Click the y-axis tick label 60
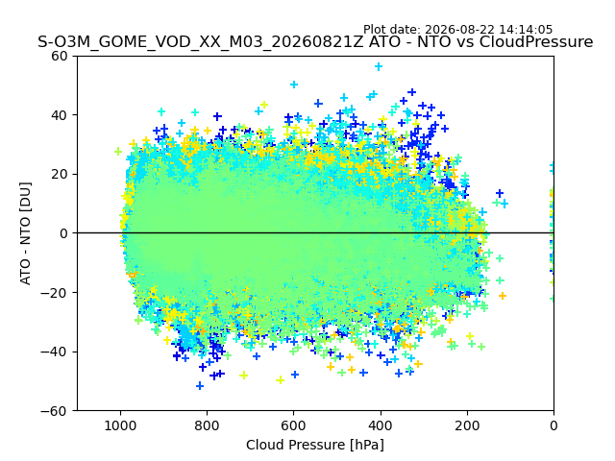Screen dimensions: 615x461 click(60, 56)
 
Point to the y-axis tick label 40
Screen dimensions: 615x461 click(60, 115)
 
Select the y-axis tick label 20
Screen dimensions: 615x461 click(60, 175)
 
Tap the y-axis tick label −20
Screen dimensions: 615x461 click(54, 292)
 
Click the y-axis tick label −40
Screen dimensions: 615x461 click(54, 352)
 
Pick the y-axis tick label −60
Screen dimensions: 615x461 click(54, 411)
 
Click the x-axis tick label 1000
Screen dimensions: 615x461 click(121, 425)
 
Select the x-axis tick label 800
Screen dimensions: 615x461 click(208, 425)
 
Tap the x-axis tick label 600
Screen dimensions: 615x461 click(294, 425)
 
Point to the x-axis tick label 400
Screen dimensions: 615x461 click(381, 425)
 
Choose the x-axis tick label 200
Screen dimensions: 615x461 click(467, 425)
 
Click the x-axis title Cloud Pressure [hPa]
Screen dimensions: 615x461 click(315, 445)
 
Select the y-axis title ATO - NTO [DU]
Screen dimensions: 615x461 click(25, 233)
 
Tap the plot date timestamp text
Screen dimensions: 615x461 click(457, 30)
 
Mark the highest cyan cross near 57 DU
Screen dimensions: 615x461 click(379, 66)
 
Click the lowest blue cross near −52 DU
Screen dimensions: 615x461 click(200, 386)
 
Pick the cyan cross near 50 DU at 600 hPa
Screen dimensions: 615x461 click(294, 85)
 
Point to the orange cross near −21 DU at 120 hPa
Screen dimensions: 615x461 click(502, 296)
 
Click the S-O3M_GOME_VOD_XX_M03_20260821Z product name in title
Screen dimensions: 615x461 click(201, 41)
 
